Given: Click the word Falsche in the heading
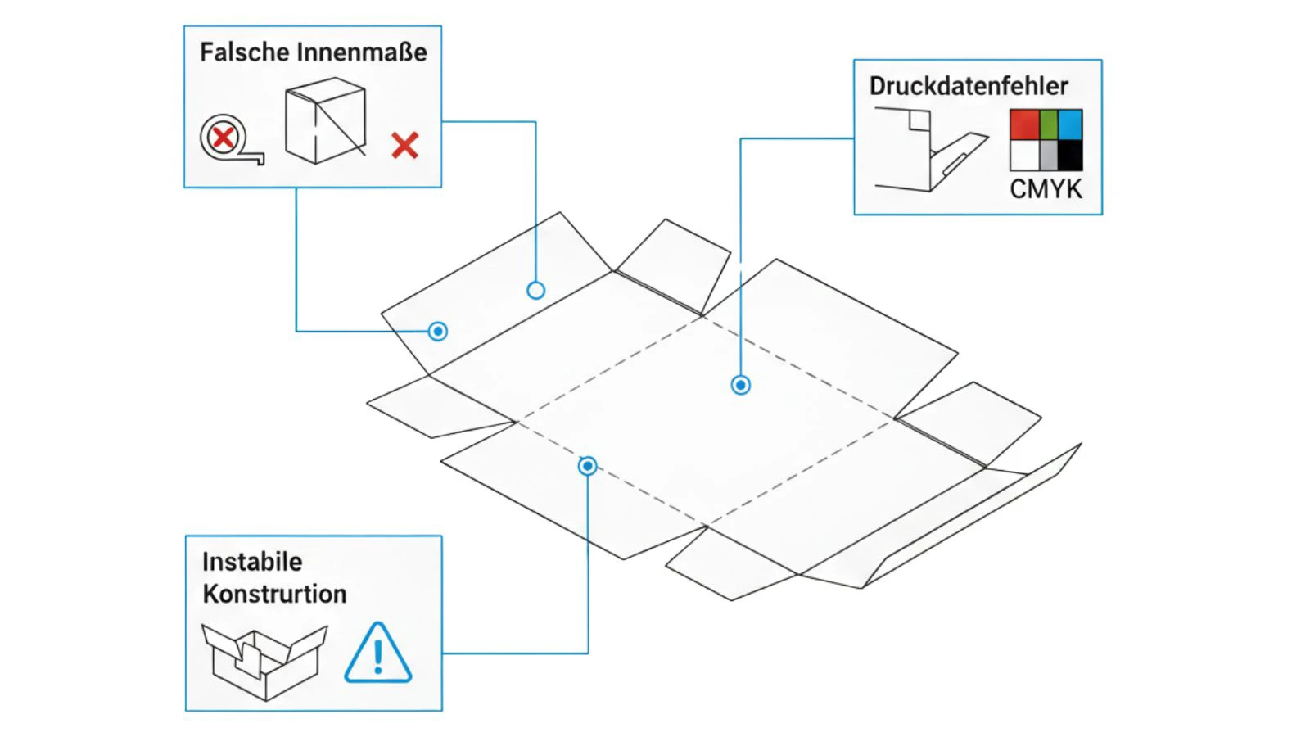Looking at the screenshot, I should [x=244, y=52].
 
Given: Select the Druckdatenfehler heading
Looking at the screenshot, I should [x=969, y=86].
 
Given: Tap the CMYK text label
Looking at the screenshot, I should [x=1046, y=189].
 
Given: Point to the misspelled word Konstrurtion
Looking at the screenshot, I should [x=274, y=594].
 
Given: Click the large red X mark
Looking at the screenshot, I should [x=404, y=146].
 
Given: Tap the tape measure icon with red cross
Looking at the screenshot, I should [x=227, y=139].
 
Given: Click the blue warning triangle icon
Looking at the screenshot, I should [x=377, y=654].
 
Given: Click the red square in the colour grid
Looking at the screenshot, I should [x=1023, y=124].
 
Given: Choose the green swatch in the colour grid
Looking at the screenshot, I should [x=1049, y=124].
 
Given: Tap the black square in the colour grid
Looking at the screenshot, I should [x=1069, y=155].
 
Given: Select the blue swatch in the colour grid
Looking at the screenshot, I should [x=1070, y=124].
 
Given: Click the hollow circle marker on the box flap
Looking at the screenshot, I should [x=535, y=290].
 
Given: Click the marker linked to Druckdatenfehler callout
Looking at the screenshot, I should [x=740, y=385].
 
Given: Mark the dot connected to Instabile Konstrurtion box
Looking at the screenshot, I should [x=587, y=466].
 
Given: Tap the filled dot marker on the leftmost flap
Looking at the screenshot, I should [x=438, y=331].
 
